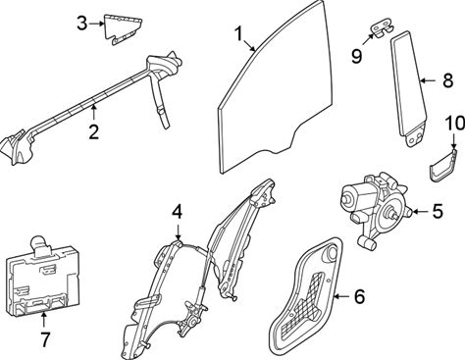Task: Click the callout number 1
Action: pos(238,34)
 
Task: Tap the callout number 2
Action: pos(93,132)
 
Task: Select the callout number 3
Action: pos(82,24)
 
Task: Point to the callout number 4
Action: pos(177,212)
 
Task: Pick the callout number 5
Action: pos(438,211)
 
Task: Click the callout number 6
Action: pos(359,296)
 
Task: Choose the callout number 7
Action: pos(44,339)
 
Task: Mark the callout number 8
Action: pos(448,80)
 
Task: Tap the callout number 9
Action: pos(357,56)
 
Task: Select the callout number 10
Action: pos(455,124)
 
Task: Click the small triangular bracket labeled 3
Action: pos(123,29)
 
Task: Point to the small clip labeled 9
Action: pos(382,28)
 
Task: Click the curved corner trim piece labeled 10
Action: pos(442,165)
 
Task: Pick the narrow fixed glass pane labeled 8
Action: pos(409,88)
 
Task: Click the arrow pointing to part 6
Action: pos(342,296)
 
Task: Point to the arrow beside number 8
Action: pos(430,80)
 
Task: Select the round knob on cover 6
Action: pos(331,253)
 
